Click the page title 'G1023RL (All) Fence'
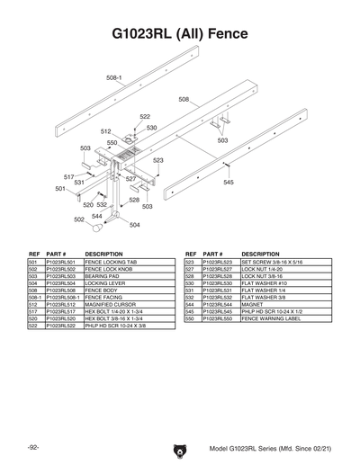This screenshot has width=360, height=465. tap(180, 34)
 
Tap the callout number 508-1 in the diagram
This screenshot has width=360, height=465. tap(115, 77)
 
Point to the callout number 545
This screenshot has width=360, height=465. tap(229, 183)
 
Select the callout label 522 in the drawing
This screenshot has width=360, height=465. tap(145, 117)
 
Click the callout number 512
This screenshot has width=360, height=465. tap(105, 132)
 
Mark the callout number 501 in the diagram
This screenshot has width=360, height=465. tap(60, 189)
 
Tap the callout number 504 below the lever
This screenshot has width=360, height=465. tap(134, 225)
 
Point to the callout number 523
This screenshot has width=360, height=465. tap(158, 160)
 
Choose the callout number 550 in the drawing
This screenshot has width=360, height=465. tap(112, 143)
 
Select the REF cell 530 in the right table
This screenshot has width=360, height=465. tap(191, 283)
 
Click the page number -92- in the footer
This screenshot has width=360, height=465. tap(32, 447)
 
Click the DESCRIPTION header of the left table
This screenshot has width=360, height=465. tap(103, 254)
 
